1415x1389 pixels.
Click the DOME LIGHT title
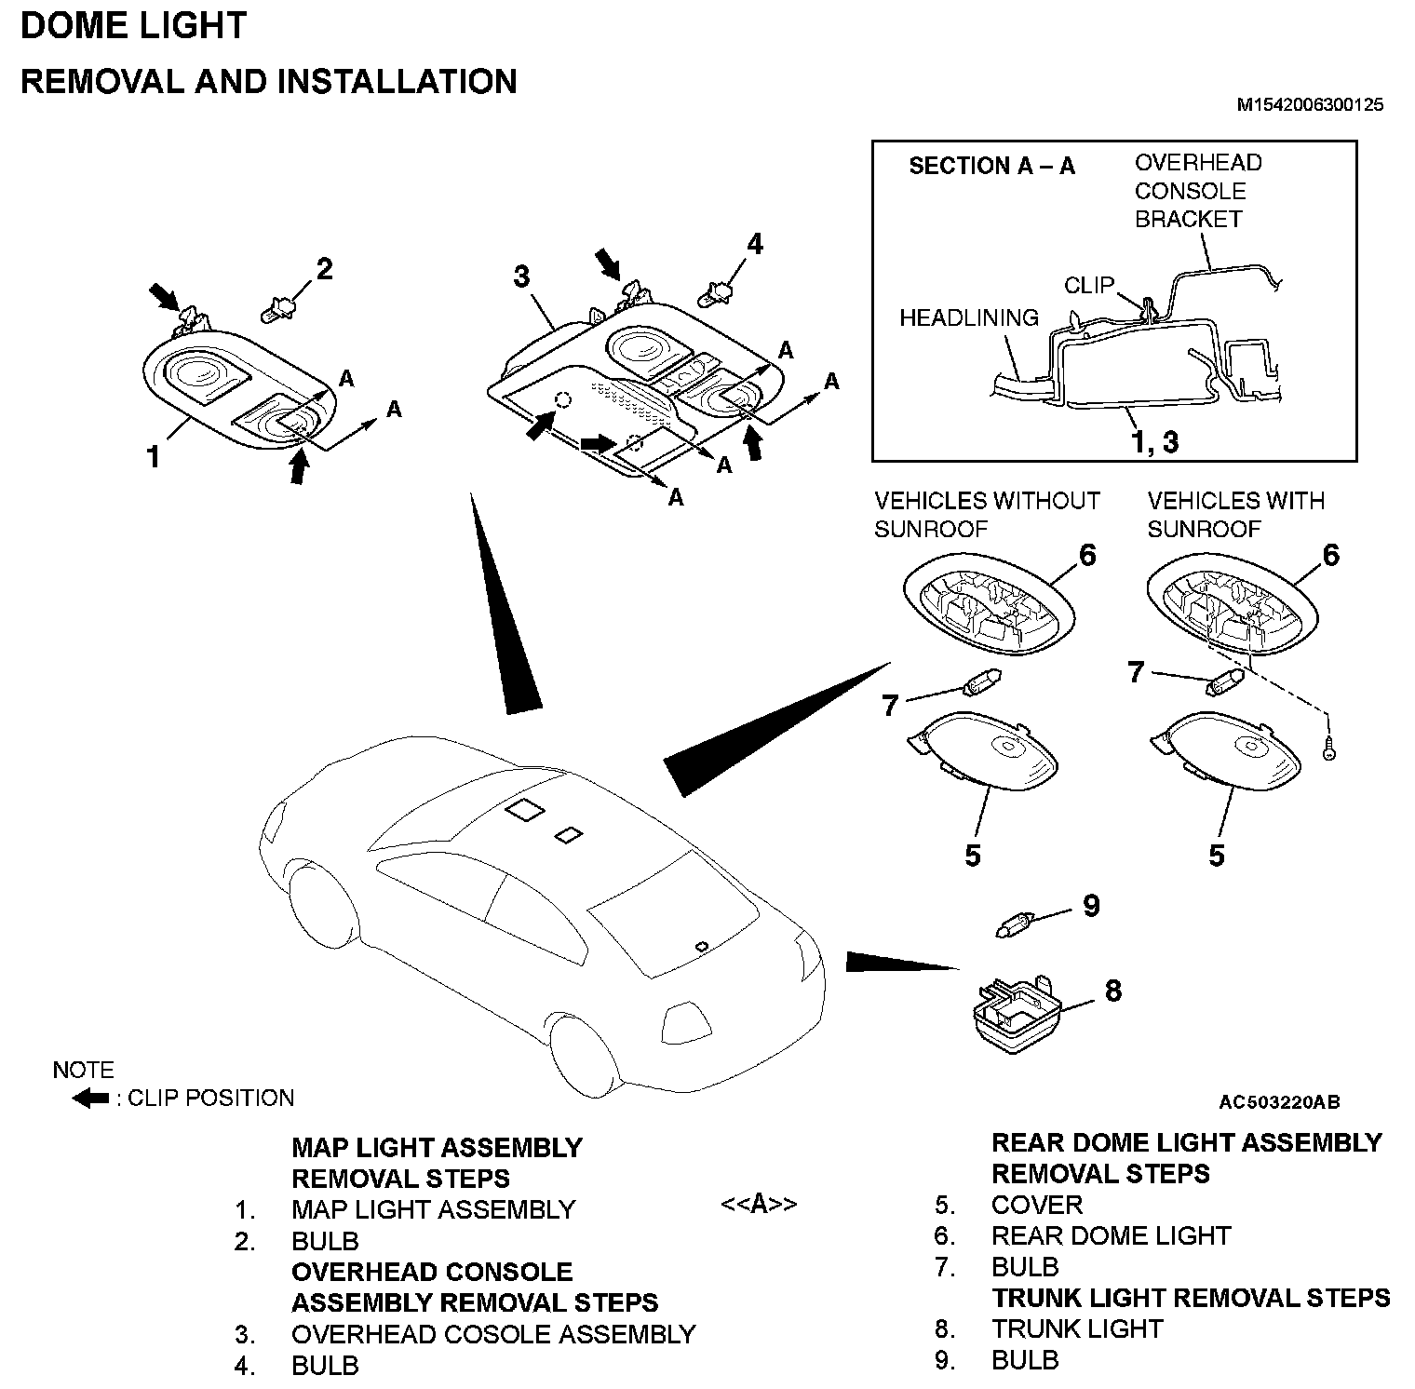pyautogui.click(x=133, y=26)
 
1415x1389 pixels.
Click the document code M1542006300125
pyautogui.click(x=1309, y=105)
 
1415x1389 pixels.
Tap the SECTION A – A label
pyautogui.click(x=991, y=167)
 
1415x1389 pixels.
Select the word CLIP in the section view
pyautogui.click(x=1088, y=285)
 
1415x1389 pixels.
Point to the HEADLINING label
pyautogui.click(x=968, y=318)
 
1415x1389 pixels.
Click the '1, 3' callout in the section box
pyautogui.click(x=1154, y=441)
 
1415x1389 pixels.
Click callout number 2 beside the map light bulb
pyautogui.click(x=324, y=270)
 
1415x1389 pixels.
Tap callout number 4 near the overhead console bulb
pyautogui.click(x=754, y=244)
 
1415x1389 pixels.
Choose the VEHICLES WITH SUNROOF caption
pyautogui.click(x=1235, y=515)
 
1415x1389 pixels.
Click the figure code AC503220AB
pyautogui.click(x=1279, y=1102)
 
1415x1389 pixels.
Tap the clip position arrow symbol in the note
pyautogui.click(x=91, y=1099)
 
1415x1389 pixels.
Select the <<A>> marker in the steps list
pyautogui.click(x=759, y=1204)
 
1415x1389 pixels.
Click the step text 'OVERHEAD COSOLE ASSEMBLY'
pyautogui.click(x=493, y=1334)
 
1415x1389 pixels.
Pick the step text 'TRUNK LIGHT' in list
pyautogui.click(x=1077, y=1328)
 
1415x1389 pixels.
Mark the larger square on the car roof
pyautogui.click(x=525, y=810)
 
